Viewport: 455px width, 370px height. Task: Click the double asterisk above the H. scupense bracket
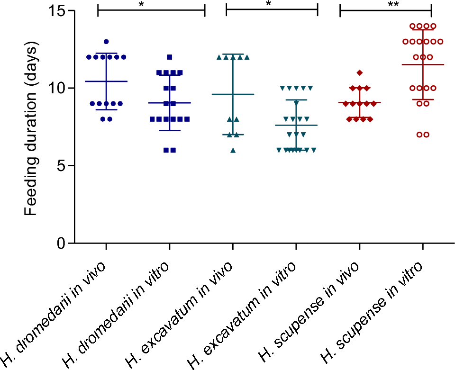tap(385, 4)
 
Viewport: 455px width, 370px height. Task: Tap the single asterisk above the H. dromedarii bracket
tap(141, 4)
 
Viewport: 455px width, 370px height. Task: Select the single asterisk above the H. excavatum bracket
tap(269, 4)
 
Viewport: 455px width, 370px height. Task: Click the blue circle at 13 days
tap(106, 42)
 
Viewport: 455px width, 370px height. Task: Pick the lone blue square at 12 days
tap(170, 57)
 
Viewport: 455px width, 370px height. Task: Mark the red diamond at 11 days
tap(360, 72)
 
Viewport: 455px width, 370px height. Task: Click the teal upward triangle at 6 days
tap(233, 150)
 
